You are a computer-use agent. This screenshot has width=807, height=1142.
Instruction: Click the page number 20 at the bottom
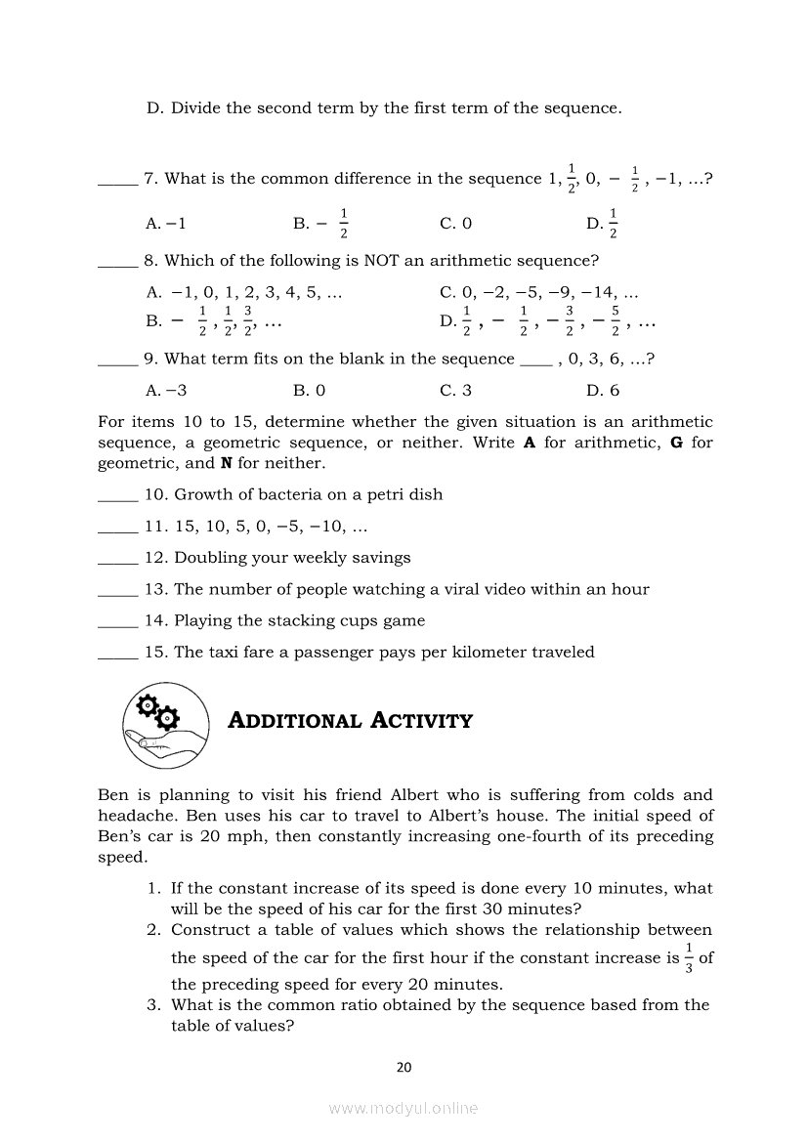[404, 1068]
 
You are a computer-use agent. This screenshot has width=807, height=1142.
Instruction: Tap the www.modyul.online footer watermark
[403, 1109]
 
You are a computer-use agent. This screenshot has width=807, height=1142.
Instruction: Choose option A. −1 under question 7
[166, 223]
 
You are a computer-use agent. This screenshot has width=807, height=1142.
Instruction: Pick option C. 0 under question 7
[455, 223]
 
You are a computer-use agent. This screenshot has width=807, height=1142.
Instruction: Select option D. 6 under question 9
[603, 390]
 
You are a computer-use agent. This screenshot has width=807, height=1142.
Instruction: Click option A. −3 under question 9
[166, 390]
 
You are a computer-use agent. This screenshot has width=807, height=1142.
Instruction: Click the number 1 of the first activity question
[153, 888]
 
